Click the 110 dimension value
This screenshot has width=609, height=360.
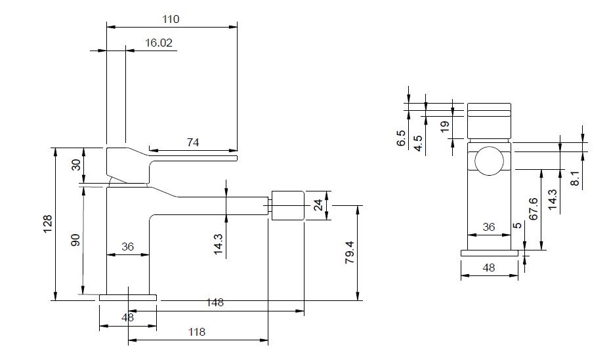[x=171, y=20]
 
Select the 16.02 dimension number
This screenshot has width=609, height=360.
[x=158, y=43]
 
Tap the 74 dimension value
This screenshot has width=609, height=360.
[x=193, y=142]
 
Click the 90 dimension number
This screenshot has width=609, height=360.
[x=75, y=240]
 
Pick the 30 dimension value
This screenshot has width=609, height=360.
[x=75, y=165]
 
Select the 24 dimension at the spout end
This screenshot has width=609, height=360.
[x=318, y=205]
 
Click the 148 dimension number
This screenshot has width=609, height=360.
[x=215, y=303]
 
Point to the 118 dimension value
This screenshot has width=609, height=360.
[x=196, y=332]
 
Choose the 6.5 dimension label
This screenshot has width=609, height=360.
[x=401, y=139]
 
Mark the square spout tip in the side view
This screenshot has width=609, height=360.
[x=287, y=205]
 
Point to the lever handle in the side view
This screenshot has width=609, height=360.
[x=171, y=157]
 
